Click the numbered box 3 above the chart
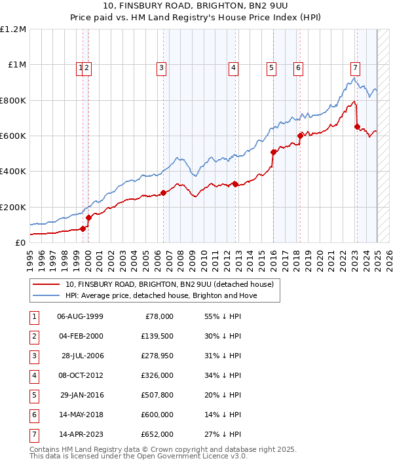pyautogui.click(x=161, y=66)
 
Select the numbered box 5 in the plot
pyautogui.click(x=271, y=66)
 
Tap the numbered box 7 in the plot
pyautogui.click(x=354, y=66)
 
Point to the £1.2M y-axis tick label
pyautogui.click(x=13, y=29)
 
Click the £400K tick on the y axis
pyautogui.click(x=13, y=172)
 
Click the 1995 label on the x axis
pyautogui.click(x=30, y=259)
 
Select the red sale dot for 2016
pyautogui.click(x=273, y=153)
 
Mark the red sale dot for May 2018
pyautogui.click(x=300, y=136)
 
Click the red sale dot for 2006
pyautogui.click(x=164, y=193)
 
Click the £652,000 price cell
pyautogui.click(x=157, y=434)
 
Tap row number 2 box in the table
pyautogui.click(x=33, y=337)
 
